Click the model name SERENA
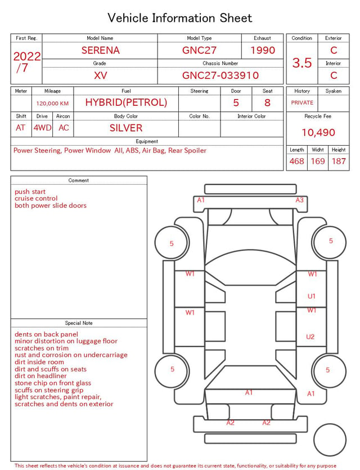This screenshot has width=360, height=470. point(101,50)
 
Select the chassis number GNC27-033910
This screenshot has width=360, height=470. point(220,75)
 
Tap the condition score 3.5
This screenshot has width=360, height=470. point(302,63)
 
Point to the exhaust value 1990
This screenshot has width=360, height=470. point(263,50)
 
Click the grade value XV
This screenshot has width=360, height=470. point(100,75)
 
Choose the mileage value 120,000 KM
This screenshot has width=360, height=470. point(52,104)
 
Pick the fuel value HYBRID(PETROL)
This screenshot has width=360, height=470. point(126,102)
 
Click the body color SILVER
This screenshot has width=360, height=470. point(126,128)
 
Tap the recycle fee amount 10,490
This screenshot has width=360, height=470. point(318,132)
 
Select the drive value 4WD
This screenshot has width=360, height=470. point(42,128)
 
